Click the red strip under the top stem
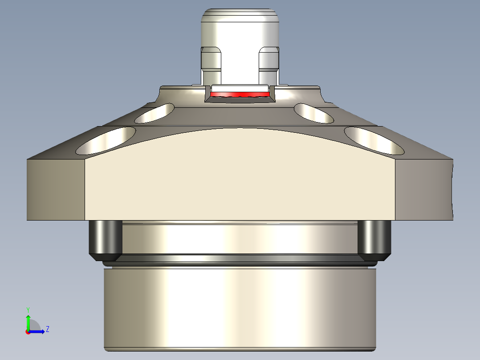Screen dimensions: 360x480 (240, 95)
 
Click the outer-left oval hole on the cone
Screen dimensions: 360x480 (106, 140)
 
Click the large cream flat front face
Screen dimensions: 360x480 (240, 178)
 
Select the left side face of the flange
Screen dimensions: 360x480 (56, 189)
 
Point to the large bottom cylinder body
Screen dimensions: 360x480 (240, 307)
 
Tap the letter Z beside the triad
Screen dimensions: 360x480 (47, 329)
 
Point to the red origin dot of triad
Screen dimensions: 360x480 (28, 332)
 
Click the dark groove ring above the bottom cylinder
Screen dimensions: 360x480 (240, 258)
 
